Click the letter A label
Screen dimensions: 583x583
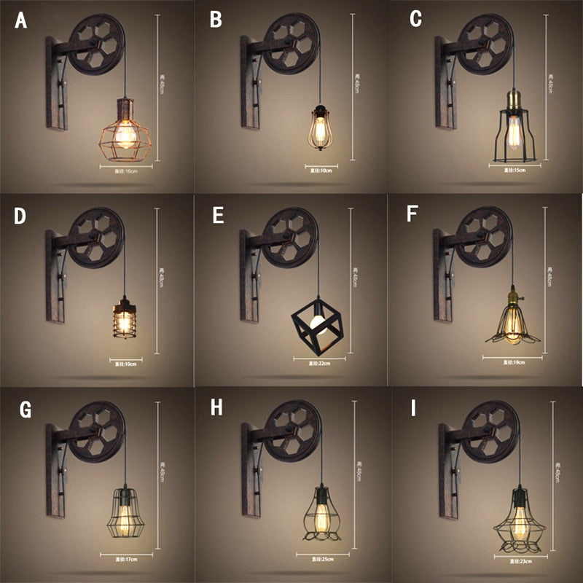[20, 20]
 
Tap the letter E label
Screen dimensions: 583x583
[216, 216]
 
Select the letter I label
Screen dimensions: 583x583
[413, 409]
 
